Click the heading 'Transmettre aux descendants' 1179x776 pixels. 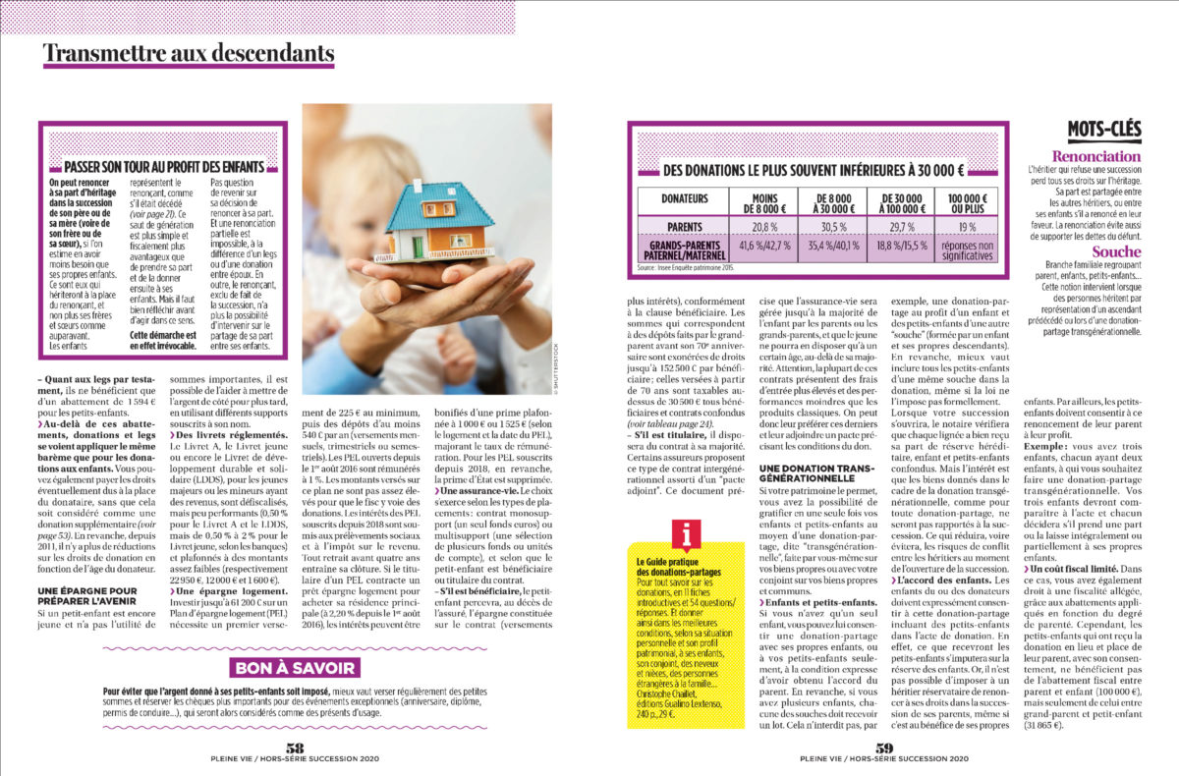pyautogui.click(x=189, y=53)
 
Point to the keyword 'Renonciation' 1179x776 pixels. pyautogui.click(x=1095, y=156)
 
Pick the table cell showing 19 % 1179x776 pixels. pyautogui.click(x=953, y=225)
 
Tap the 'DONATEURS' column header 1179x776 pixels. pyautogui.click(x=685, y=197)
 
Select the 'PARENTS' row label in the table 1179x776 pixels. pyautogui.click(x=685, y=225)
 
